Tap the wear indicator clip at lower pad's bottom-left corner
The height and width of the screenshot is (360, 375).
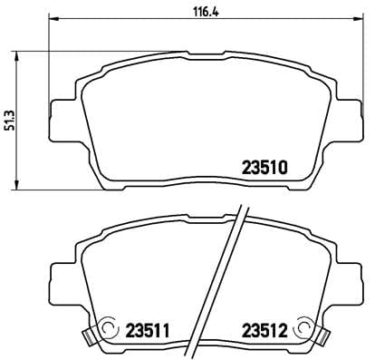click(x=89, y=336)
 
